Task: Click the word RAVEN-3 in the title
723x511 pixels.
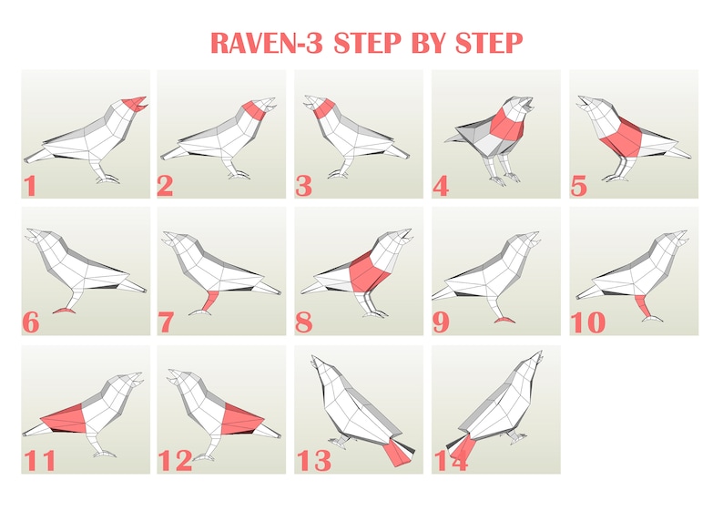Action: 268,42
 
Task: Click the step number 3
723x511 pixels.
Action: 304,187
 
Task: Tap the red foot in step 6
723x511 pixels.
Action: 65,311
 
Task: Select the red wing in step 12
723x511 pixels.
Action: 240,417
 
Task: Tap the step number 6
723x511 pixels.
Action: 31,323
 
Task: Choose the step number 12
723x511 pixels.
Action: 175,461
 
